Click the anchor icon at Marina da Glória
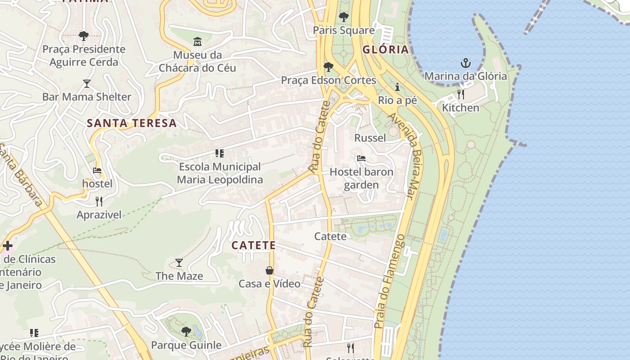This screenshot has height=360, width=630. click(x=466, y=63)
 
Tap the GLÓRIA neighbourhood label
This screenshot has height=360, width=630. click(x=386, y=49)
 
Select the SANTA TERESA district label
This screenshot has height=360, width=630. click(x=131, y=123)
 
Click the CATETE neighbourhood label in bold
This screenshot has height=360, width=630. click(x=253, y=245)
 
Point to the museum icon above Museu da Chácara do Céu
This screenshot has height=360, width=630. click(x=197, y=42)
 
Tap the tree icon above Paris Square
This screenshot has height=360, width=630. click(x=344, y=17)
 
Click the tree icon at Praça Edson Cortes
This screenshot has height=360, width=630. click(x=328, y=67)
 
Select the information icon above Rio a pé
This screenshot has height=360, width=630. click(x=397, y=87)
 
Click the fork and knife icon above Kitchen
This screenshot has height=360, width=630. click(x=460, y=94)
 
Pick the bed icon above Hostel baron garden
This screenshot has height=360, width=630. click(x=361, y=158)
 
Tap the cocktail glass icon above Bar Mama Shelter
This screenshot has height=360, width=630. click(x=87, y=84)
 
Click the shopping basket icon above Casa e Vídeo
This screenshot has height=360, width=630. click(x=269, y=270)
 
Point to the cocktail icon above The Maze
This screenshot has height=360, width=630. click(x=179, y=262)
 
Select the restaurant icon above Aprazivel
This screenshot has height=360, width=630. click(x=99, y=201)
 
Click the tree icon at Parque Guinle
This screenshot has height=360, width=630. click(x=186, y=332)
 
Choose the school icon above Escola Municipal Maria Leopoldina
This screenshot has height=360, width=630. click(x=220, y=153)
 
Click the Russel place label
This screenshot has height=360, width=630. click(x=370, y=138)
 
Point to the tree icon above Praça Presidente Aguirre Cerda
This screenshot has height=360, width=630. click(x=83, y=36)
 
